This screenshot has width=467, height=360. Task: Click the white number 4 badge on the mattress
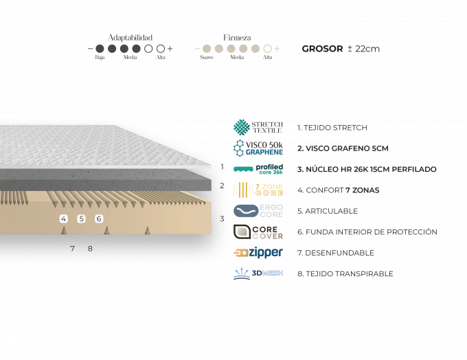pyautogui.click(x=64, y=218)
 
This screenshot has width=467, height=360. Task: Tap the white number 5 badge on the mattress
pyautogui.click(x=81, y=218)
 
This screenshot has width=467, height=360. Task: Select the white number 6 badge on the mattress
pyautogui.click(x=98, y=218)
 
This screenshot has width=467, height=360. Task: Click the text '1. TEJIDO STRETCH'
pyautogui.click(x=332, y=128)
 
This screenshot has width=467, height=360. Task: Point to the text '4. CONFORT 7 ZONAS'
pyautogui.click(x=337, y=190)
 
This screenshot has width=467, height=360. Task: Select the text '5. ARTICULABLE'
pyautogui.click(x=327, y=212)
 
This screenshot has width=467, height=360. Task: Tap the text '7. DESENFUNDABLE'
pyautogui.click(x=335, y=253)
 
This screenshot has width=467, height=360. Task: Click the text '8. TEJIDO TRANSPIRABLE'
pyautogui.click(x=345, y=273)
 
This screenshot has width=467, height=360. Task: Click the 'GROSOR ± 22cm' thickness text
pyautogui.click(x=341, y=49)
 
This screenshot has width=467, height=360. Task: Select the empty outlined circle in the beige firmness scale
pyautogui.click(x=266, y=49)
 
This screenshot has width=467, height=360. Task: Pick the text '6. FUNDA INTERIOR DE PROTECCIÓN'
pyautogui.click(x=367, y=232)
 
